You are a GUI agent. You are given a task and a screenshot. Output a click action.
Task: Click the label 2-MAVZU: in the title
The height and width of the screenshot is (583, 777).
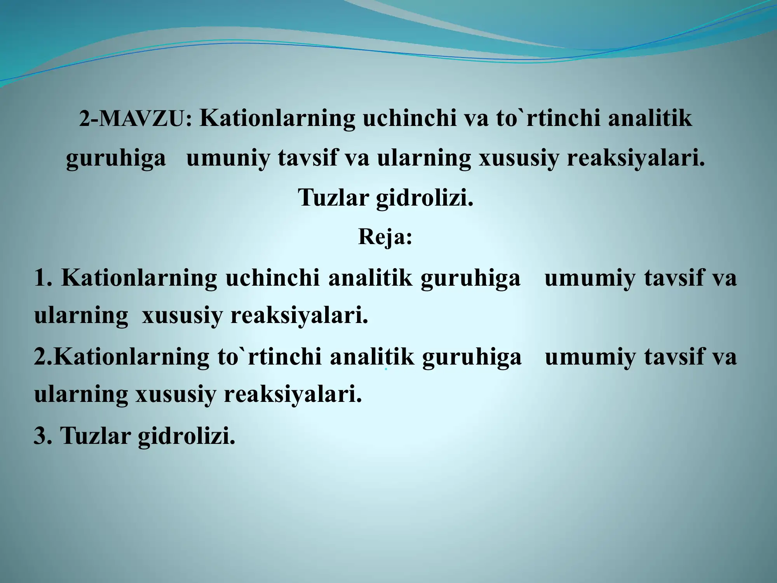point(136,119)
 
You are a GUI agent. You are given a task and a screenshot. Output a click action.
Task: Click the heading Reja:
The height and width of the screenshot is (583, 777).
point(385,237)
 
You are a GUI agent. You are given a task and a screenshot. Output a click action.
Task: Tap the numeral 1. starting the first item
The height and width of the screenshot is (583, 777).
point(43,278)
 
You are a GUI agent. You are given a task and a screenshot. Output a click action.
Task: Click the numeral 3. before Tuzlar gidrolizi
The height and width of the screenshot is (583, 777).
point(43,436)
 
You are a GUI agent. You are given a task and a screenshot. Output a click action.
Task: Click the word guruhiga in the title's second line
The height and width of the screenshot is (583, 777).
point(116,159)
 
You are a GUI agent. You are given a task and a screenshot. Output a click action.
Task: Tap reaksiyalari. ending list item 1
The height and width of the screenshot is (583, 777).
point(299,315)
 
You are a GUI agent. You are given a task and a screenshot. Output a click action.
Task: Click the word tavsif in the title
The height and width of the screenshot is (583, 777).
point(307,158)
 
